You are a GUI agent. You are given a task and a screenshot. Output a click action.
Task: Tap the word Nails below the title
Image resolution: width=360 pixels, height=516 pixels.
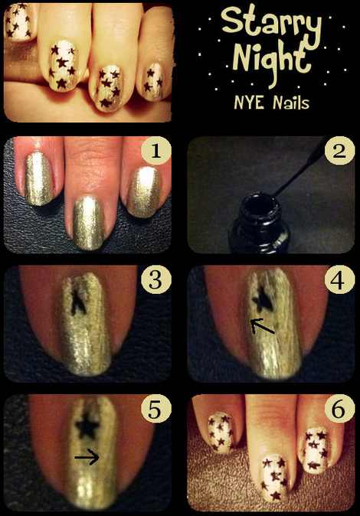pyautogui.click(x=291, y=103)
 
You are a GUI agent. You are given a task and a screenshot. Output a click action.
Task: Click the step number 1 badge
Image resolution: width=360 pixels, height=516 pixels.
pyautogui.click(x=155, y=152)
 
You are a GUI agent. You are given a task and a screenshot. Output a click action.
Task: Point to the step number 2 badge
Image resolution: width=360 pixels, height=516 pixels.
pyautogui.click(x=339, y=152)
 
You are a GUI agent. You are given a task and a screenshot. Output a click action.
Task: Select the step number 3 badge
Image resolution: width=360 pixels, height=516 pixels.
pyautogui.click(x=155, y=280)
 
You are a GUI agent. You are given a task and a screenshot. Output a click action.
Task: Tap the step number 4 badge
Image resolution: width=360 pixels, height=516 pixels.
pyautogui.click(x=339, y=280)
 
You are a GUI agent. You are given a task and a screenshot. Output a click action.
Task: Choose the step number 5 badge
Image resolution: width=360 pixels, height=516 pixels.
pyautogui.click(x=155, y=410)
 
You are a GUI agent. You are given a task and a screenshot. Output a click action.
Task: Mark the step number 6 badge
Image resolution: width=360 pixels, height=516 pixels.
pyautogui.click(x=339, y=410)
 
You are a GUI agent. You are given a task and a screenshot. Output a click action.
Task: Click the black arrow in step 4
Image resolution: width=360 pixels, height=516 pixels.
pyautogui.click(x=262, y=326)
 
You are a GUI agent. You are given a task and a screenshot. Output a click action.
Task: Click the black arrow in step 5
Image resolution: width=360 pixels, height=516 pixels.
pyautogui.click(x=87, y=457)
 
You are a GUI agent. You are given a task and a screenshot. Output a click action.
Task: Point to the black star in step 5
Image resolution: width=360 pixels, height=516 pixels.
pyautogui.click(x=87, y=426)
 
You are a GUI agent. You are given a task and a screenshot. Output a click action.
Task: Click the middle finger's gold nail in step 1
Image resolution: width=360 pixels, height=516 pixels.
pyautogui.click(x=88, y=222)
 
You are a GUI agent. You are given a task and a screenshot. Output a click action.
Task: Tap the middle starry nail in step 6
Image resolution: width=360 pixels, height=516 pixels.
pyautogui.click(x=274, y=476)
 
